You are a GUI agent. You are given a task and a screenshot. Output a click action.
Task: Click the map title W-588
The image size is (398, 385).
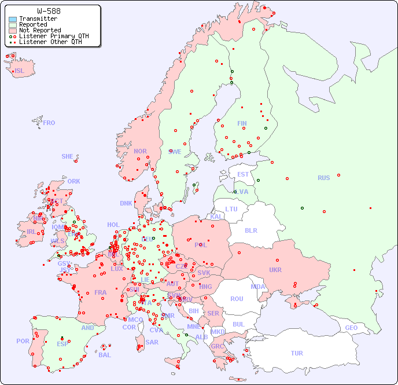pyautogui.click(x=49, y=11)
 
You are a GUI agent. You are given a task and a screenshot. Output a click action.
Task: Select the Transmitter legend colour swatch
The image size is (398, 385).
pyautogui.click(x=13, y=19)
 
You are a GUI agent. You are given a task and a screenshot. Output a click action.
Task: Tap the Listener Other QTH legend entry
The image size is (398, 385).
pyautogui.click(x=54, y=42)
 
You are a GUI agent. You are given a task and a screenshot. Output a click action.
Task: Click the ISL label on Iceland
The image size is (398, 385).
pyautogui.click(x=20, y=71)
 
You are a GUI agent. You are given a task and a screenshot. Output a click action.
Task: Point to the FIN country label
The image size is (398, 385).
pyautogui.click(x=242, y=123)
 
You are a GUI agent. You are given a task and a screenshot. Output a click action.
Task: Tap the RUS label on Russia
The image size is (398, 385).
pyautogui.click(x=323, y=178)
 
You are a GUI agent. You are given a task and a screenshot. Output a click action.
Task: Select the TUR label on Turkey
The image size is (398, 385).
pyautogui.click(x=297, y=353)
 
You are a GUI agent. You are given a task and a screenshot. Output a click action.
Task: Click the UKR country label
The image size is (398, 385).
pyautogui.click(x=275, y=270)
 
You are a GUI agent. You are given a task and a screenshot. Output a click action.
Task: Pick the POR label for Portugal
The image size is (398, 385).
pyautogui.click(x=23, y=341)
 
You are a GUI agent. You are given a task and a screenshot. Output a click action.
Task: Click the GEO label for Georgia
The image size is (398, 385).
pyautogui.click(x=351, y=328)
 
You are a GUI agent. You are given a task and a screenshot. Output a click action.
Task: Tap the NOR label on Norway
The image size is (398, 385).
pyautogui.click(x=140, y=151)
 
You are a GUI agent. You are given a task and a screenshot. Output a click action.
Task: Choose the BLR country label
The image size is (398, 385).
pyautogui.click(x=250, y=230)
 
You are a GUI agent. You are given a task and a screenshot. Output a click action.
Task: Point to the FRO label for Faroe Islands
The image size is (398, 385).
pyautogui.click(x=49, y=123)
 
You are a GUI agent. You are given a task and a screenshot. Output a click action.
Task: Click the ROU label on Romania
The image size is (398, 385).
pyautogui.click(x=237, y=299)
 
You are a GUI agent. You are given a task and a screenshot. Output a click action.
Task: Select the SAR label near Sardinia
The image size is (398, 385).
pyautogui.click(x=152, y=342)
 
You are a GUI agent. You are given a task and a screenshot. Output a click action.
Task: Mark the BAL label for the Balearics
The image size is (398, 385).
pyautogui.click(x=104, y=355)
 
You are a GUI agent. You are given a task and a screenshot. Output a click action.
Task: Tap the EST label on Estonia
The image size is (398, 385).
pyautogui.click(x=243, y=174)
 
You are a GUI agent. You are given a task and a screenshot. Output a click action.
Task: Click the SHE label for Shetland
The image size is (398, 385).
pyautogui.click(x=68, y=156)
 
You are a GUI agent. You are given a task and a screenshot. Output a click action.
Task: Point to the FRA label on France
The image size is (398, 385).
pyautogui.click(x=101, y=292)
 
